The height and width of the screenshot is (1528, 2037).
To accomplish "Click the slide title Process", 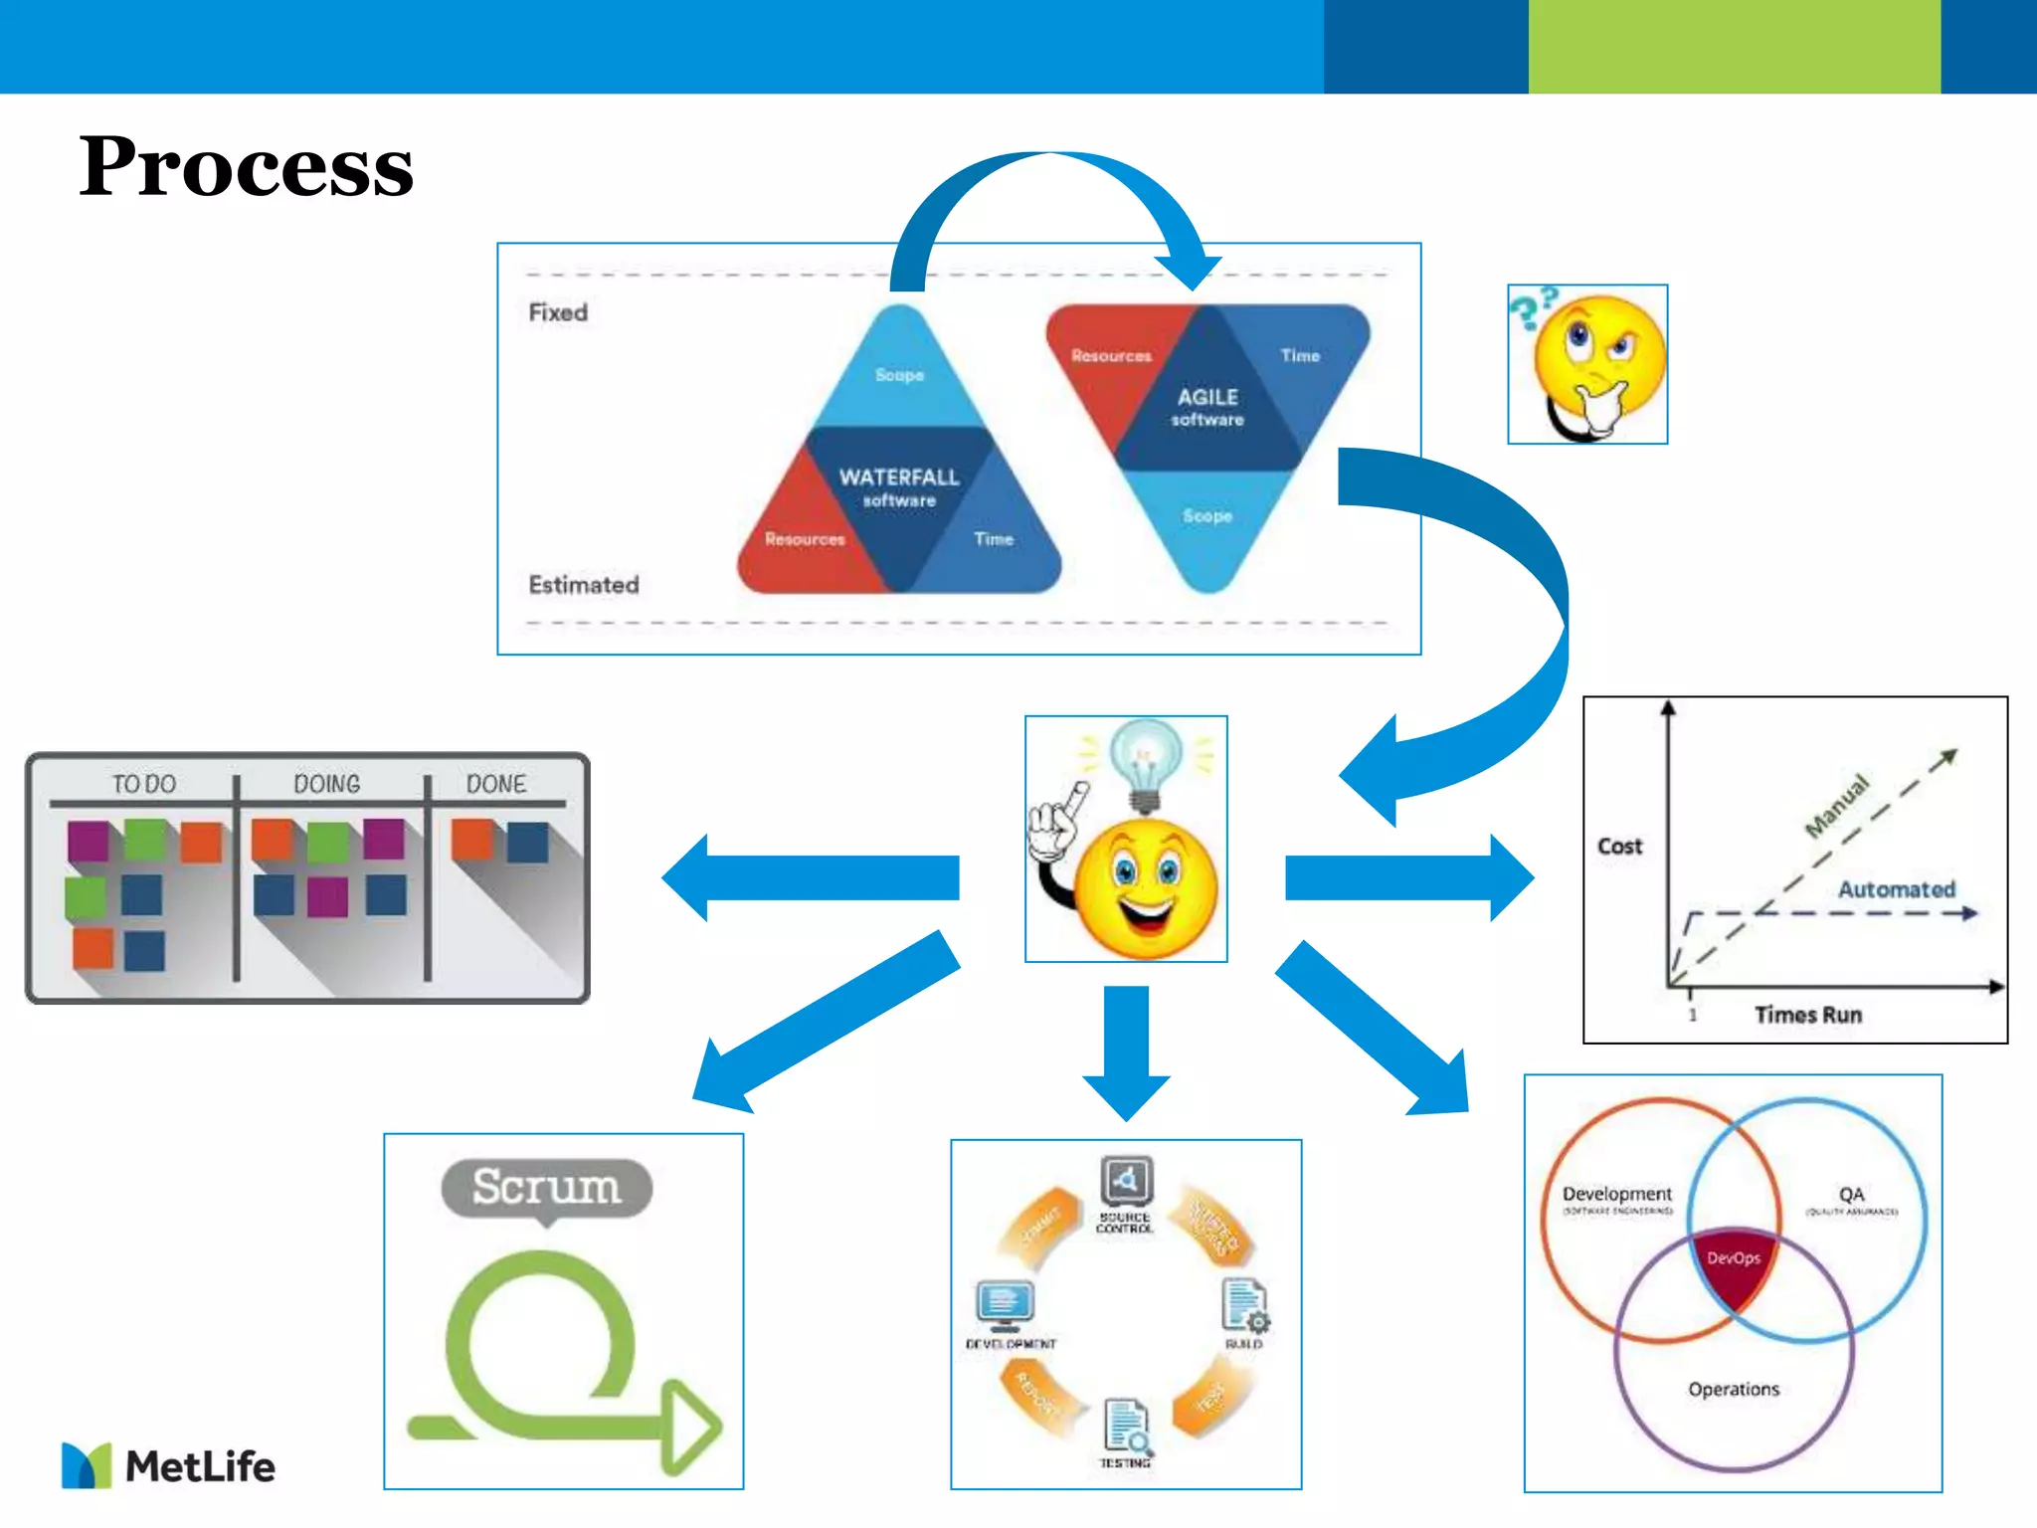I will [x=246, y=166].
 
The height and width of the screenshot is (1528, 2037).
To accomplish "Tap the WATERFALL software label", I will [x=899, y=486].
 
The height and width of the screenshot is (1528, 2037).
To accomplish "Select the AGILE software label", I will [x=1207, y=406].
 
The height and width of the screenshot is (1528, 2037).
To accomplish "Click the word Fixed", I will [x=558, y=312].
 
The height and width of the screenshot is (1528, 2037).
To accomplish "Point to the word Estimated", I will [x=584, y=584].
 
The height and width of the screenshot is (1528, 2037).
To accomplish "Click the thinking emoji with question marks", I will [x=1587, y=365].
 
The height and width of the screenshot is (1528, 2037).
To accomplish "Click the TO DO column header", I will [x=143, y=784].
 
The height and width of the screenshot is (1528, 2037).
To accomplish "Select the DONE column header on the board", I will [x=496, y=784].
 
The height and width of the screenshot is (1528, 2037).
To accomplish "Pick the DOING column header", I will [x=326, y=784].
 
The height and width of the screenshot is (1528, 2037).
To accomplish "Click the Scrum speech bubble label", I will [x=546, y=1187].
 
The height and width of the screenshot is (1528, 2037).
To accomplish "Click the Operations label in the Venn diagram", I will [x=1733, y=1389].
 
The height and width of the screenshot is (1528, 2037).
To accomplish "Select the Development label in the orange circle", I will [x=1616, y=1193].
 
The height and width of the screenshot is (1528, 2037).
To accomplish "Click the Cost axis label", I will [x=1619, y=846].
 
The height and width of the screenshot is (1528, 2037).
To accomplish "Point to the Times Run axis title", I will [x=1807, y=1015].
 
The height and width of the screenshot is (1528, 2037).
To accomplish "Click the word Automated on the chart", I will [x=1896, y=888].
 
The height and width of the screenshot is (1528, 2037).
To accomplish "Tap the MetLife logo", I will [x=169, y=1465].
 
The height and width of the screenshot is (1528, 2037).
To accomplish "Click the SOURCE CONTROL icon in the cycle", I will [x=1126, y=1182].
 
